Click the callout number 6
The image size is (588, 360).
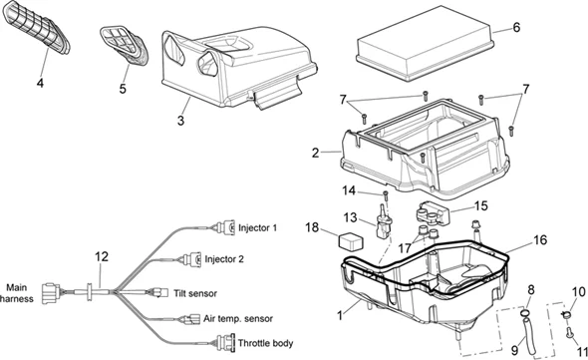click(516, 27)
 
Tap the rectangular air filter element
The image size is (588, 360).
click(425, 43)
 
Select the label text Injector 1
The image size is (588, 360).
click(258, 227)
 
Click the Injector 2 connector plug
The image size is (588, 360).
click(192, 259)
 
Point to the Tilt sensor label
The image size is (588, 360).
click(195, 293)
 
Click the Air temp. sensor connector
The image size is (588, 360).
click(191, 319)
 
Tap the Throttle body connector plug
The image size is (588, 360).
click(225, 343)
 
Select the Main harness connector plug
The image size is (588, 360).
click(51, 293)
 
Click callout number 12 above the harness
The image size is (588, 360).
click(102, 256)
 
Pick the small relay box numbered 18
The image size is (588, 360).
click(351, 241)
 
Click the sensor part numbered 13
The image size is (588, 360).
click(383, 224)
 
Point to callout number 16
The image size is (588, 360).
click(540, 240)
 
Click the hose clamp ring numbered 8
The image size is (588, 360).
click(524, 312)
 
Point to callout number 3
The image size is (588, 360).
click(180, 121)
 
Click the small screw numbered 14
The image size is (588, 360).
click(385, 195)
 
